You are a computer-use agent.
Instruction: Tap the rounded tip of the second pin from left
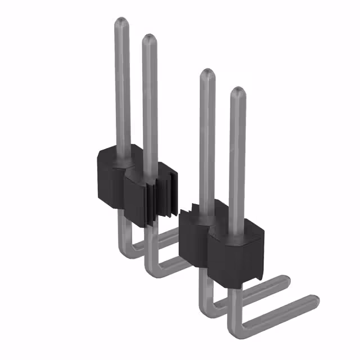tap(149, 39)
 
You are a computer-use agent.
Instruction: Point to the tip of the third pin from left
tap(207, 73)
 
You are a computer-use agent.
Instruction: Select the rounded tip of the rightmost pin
tap(237, 91)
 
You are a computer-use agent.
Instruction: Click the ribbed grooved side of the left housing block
tap(160, 197)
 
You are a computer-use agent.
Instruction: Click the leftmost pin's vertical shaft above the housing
tap(121, 84)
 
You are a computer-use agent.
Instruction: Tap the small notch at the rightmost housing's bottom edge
tap(258, 277)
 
